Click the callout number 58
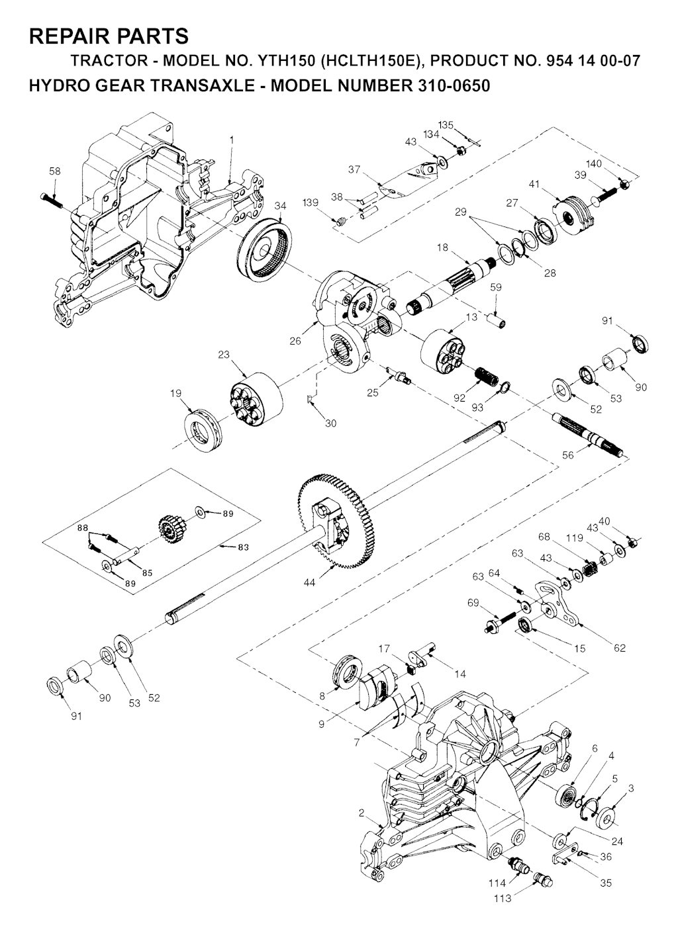(55, 171)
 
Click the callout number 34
(281, 206)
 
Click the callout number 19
(175, 393)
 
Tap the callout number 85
(147, 573)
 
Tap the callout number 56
(567, 455)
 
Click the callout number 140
(593, 164)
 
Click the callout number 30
(330, 423)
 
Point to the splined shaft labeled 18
(456, 286)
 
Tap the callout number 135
(446, 125)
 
